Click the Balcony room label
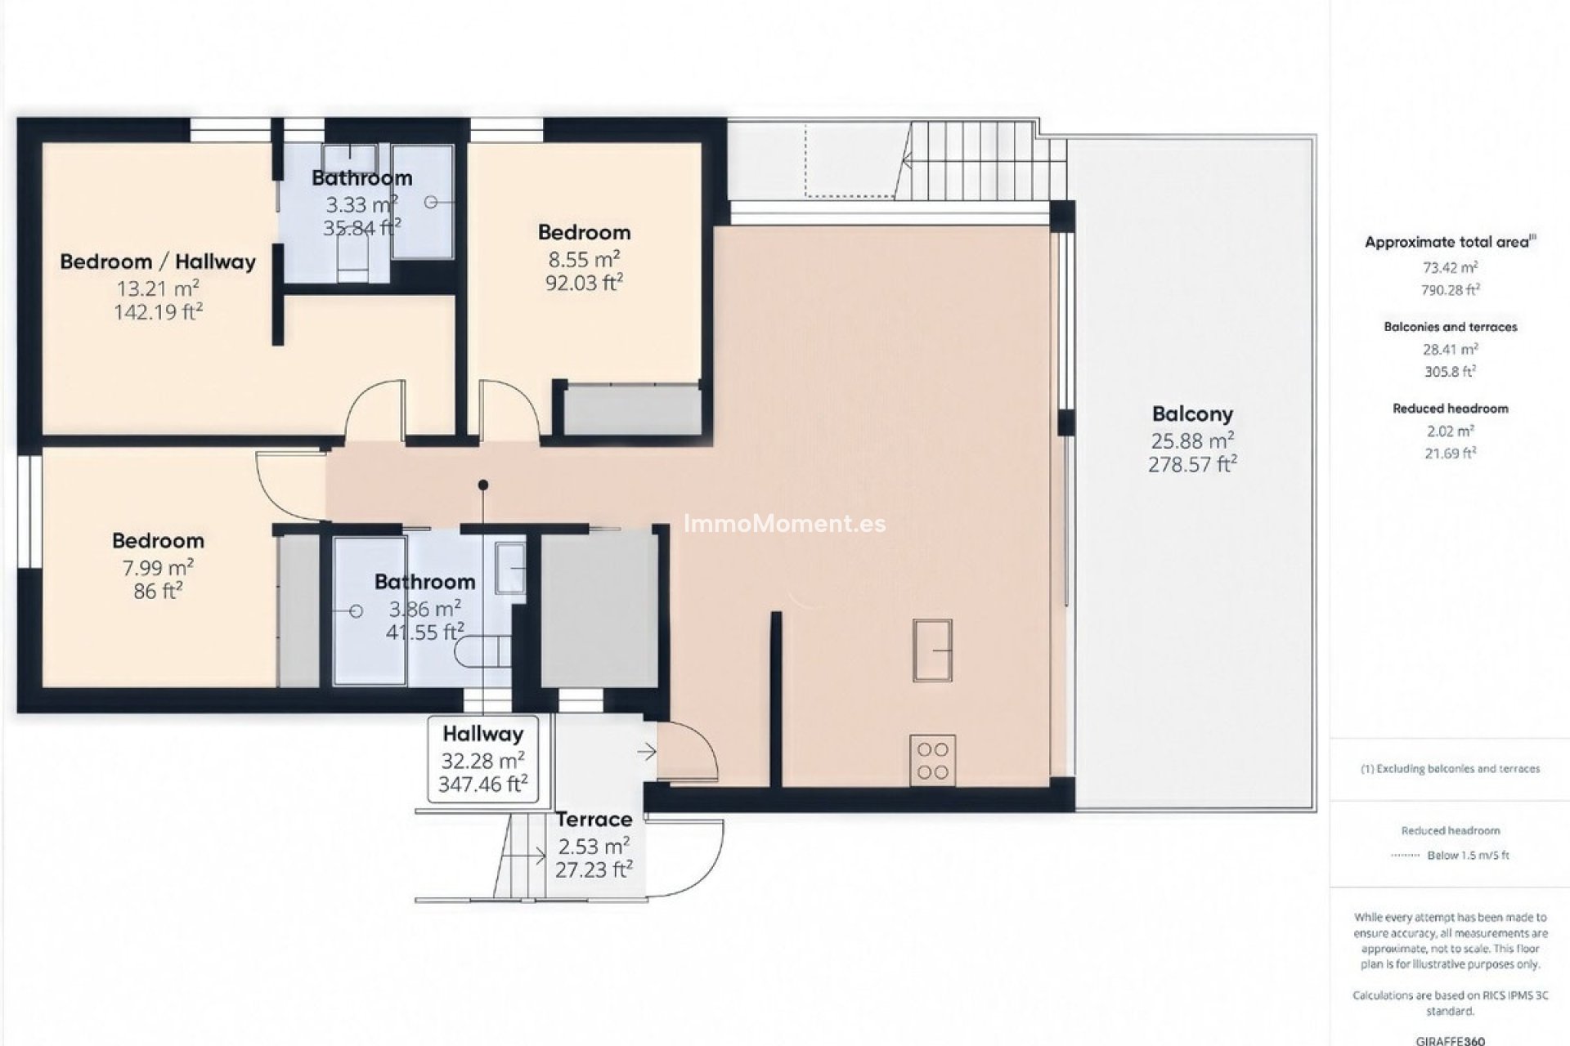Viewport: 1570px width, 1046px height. [1191, 413]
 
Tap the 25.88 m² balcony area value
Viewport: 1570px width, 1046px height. [1191, 441]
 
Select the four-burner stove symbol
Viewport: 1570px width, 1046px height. [932, 760]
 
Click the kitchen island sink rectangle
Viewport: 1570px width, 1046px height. [932, 650]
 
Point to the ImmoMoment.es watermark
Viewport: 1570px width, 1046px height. [784, 523]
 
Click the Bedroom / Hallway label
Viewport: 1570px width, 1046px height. [158, 261]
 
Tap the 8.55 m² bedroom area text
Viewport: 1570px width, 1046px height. [584, 260]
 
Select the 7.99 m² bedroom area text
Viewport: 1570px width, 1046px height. [158, 567]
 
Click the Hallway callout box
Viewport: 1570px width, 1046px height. [482, 759]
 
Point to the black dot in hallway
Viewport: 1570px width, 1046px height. [483, 485]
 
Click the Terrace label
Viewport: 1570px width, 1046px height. [594, 819]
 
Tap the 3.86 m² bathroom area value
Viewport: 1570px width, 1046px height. [424, 609]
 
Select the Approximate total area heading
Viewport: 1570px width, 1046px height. [1450, 242]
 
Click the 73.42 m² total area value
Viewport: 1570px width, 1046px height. [1450, 267]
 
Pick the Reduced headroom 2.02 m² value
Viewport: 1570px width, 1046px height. [1450, 431]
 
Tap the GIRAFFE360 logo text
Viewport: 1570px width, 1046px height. [1450, 1040]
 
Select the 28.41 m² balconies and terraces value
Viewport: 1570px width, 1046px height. [1450, 349]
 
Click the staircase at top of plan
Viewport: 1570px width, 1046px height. [973, 159]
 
